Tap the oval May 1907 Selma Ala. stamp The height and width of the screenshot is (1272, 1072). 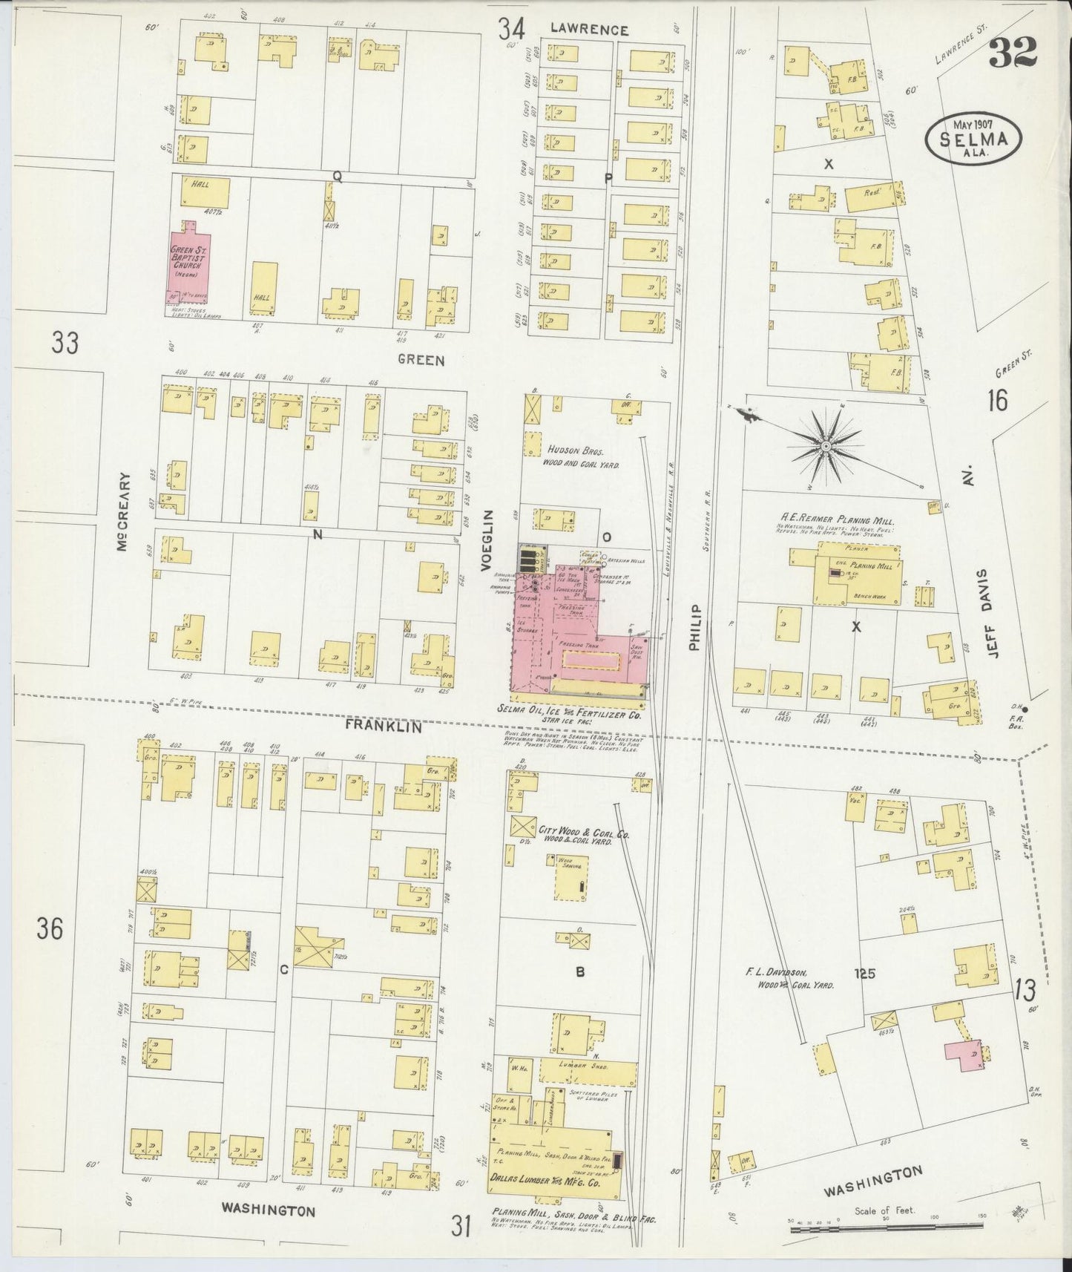coord(973,137)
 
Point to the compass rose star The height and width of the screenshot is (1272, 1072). coord(825,445)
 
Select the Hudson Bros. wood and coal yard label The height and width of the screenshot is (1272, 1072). coord(583,456)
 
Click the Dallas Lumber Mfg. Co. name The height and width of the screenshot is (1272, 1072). coord(544,1177)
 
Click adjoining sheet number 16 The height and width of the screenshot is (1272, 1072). coord(997,401)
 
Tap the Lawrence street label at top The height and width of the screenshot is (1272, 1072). coord(589,30)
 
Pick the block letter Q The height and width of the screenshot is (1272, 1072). coord(337,176)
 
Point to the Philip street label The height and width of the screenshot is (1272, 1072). coord(694,626)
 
